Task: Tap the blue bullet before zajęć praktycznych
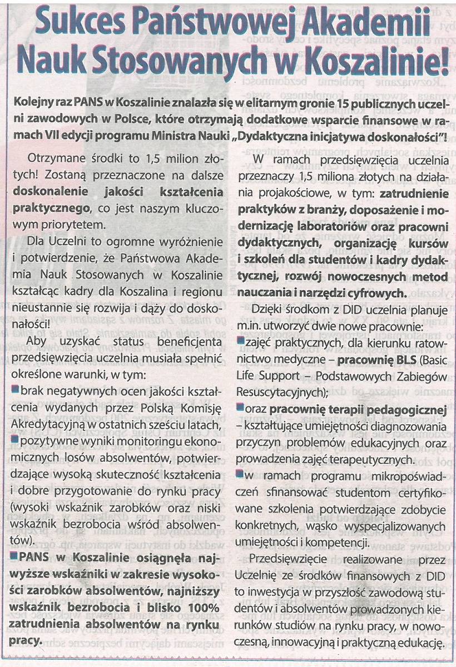pyautogui.click(x=240, y=339)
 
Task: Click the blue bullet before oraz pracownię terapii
pyautogui.click(x=240, y=409)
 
